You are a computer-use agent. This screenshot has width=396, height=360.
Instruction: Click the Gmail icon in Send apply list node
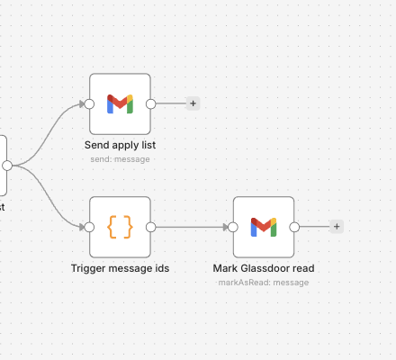point(120,103)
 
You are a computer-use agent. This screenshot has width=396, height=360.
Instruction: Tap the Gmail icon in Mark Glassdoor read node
point(264,227)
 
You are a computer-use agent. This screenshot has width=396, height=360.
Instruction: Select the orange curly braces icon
point(120,227)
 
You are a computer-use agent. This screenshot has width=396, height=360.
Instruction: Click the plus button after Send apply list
point(193,103)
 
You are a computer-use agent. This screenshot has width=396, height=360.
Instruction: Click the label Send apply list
point(120,145)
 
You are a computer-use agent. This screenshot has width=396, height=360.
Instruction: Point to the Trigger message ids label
point(120,268)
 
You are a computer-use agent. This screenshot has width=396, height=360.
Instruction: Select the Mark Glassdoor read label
point(264,268)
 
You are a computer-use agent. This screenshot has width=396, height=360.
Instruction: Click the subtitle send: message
point(120,159)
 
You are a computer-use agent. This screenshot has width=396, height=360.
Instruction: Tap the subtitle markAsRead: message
point(264,283)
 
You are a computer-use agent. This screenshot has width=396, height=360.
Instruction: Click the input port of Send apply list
point(89,104)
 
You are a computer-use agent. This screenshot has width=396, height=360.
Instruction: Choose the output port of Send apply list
point(151,104)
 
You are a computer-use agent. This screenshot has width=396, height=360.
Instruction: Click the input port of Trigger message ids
point(89,228)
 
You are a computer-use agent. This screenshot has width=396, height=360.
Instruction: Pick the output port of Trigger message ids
point(151,228)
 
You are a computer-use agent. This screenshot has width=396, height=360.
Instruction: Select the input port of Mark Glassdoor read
point(233,228)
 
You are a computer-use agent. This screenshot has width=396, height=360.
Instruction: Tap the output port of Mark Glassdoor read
point(294,228)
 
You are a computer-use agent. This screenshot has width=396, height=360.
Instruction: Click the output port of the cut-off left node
point(7,166)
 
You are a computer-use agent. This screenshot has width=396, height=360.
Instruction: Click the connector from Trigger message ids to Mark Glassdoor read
point(192,228)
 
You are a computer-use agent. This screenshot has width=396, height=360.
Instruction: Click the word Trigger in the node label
point(88,268)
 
